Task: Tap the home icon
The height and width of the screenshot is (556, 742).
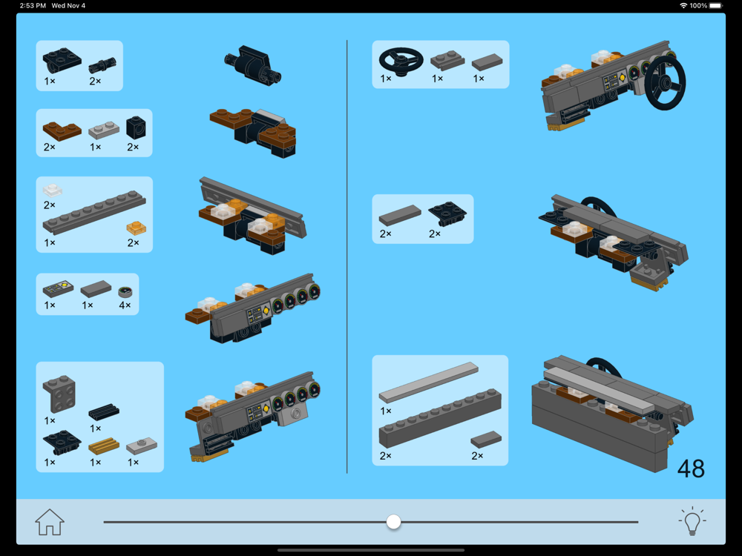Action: pos(49,522)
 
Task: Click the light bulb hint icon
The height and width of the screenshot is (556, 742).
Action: pos(692,521)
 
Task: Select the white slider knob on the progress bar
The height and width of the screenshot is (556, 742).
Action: pos(393,522)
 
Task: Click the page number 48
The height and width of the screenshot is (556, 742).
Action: pos(691,469)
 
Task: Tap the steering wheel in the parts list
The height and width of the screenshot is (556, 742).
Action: pos(401,61)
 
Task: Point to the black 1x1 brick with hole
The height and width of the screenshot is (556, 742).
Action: pos(136,128)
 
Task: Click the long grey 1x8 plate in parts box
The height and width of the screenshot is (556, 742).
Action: pos(94,212)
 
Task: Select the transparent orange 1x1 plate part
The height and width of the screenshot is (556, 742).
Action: pos(137,228)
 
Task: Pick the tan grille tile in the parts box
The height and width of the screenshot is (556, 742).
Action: pos(104,446)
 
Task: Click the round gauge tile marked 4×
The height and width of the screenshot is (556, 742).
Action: pos(125,291)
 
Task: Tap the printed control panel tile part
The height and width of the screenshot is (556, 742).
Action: pos(58,288)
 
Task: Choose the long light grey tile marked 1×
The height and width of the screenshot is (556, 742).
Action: pos(428,383)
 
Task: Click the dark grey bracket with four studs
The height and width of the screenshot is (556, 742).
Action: pos(59,394)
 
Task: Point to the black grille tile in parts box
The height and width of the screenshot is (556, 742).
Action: pos(104,411)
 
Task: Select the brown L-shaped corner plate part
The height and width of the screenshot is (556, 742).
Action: pos(62,131)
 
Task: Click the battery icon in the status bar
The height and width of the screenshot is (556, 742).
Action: pos(715,6)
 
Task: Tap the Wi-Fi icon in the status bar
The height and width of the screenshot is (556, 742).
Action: pos(683,6)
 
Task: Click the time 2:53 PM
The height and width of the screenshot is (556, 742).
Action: pos(33,6)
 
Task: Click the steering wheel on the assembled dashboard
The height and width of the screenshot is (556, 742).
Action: pos(665,83)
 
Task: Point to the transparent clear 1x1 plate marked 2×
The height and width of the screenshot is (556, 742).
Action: pos(53,190)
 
